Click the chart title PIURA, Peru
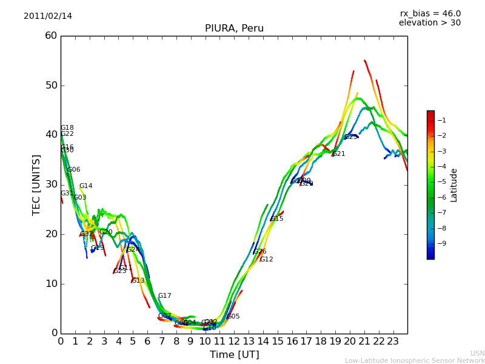click(x=234, y=29)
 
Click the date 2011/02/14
click(x=48, y=16)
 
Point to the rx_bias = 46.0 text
click(x=430, y=14)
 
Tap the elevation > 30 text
click(x=429, y=23)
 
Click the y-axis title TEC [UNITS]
click(x=36, y=184)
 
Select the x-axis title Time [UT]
click(x=234, y=355)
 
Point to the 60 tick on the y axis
click(x=51, y=36)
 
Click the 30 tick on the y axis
click(x=51, y=184)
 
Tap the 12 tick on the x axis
click(x=234, y=342)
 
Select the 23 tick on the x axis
click(x=393, y=342)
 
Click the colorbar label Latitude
click(x=453, y=185)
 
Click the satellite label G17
click(x=164, y=296)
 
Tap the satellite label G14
click(x=85, y=186)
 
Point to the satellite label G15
click(x=277, y=219)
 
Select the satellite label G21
click(x=339, y=154)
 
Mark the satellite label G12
click(x=266, y=260)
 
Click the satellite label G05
click(x=233, y=317)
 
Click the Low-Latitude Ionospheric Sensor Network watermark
click(x=415, y=361)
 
